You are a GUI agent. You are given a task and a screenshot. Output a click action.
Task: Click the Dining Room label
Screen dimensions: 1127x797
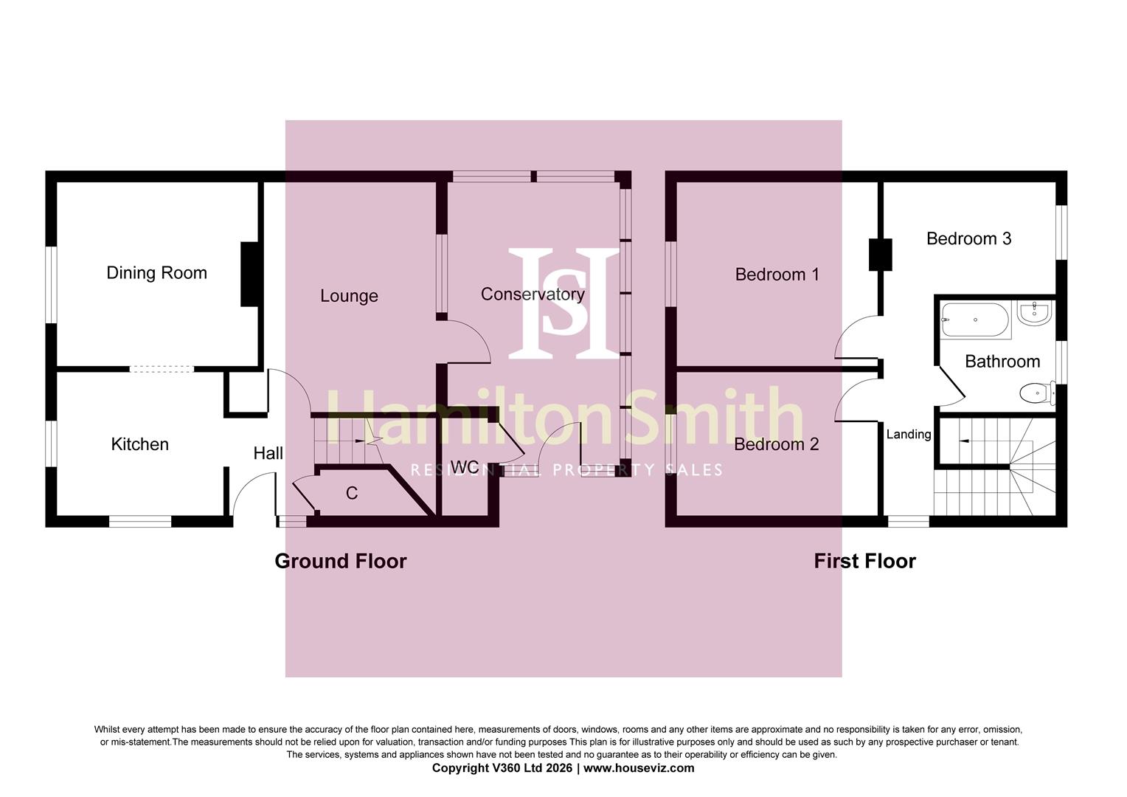(x=156, y=273)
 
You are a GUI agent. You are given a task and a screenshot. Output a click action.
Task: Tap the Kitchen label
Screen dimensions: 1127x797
(x=140, y=444)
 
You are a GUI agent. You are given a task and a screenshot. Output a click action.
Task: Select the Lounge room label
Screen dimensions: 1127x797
(x=349, y=296)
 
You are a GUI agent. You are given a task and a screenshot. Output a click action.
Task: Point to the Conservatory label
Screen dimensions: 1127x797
(x=533, y=294)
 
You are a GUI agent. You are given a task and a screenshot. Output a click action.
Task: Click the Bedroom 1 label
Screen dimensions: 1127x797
(x=777, y=275)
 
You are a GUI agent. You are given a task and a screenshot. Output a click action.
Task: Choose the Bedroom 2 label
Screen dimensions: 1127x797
(x=777, y=444)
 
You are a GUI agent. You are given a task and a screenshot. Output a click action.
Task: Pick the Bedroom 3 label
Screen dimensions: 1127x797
(x=968, y=238)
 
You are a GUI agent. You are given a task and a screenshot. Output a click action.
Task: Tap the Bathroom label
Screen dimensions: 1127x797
(x=1002, y=362)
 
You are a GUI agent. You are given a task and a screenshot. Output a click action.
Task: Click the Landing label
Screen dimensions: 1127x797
(x=909, y=434)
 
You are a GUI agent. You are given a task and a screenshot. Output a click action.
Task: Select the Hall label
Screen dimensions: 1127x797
(x=268, y=453)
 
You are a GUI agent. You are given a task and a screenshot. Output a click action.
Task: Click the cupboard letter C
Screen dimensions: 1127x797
(x=352, y=494)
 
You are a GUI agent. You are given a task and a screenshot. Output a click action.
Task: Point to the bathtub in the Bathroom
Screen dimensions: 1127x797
(x=975, y=320)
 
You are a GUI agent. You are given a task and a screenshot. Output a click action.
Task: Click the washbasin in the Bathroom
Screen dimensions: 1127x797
(x=1034, y=313)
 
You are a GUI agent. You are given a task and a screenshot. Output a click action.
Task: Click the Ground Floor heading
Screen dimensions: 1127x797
(x=341, y=561)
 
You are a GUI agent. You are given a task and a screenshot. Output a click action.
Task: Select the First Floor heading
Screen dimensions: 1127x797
(x=865, y=561)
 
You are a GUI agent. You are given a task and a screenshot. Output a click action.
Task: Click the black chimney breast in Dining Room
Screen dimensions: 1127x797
(x=250, y=275)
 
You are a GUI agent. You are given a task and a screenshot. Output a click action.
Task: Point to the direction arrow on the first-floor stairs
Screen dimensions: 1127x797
(x=964, y=441)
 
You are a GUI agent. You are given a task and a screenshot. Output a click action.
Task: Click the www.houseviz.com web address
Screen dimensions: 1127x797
(x=639, y=767)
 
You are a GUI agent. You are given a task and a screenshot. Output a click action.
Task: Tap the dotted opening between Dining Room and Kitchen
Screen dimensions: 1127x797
(x=162, y=369)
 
